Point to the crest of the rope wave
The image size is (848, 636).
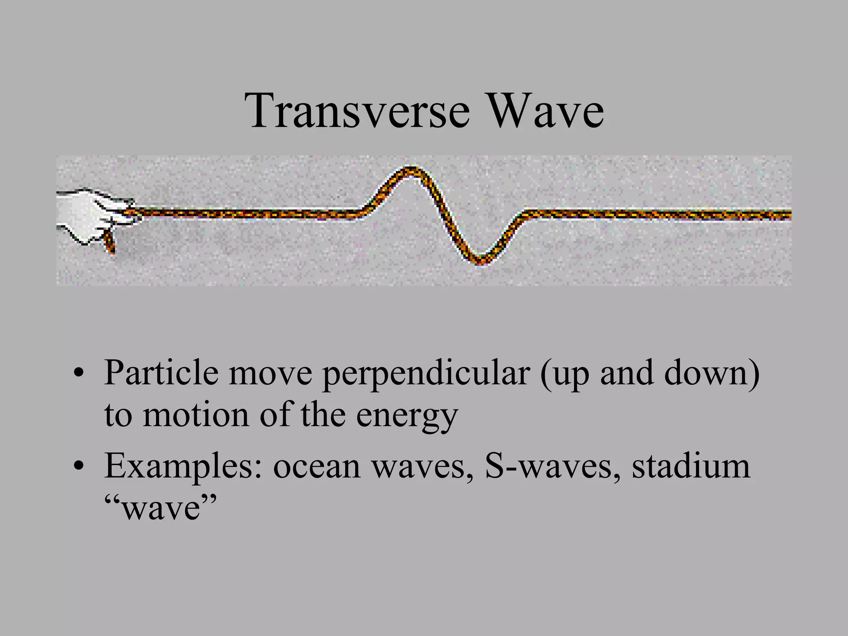click(411, 169)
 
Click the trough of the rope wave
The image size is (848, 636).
click(481, 261)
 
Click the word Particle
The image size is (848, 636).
click(161, 373)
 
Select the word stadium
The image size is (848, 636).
click(691, 466)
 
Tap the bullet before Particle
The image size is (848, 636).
click(77, 373)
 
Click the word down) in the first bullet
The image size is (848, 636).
click(712, 373)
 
